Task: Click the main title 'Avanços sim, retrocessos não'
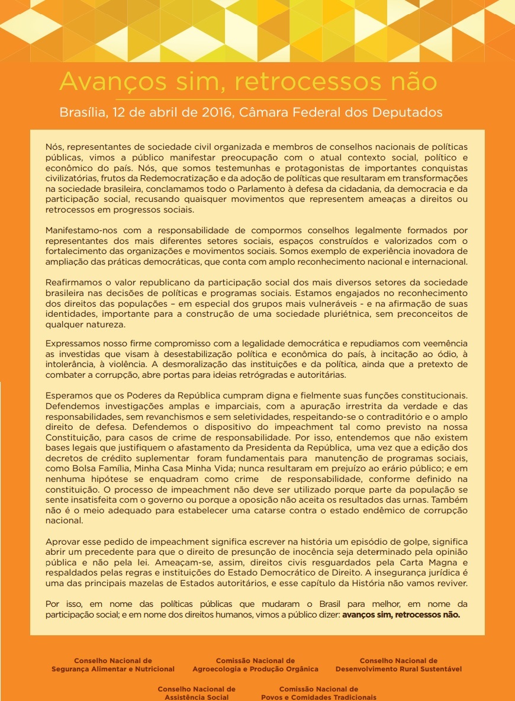[x=248, y=82]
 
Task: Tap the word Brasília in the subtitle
[x=81, y=112]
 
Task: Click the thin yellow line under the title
[x=248, y=99]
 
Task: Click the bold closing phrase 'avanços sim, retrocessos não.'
[x=401, y=615]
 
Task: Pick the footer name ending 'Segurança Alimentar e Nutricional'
[x=113, y=669]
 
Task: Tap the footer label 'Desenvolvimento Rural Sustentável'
[x=398, y=669]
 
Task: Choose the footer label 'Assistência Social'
[x=197, y=697]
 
